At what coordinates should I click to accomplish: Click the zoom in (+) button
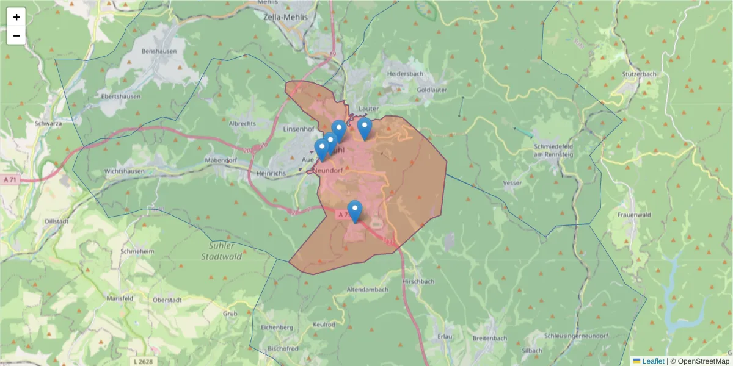[x=16, y=17]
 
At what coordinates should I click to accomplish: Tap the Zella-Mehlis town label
[x=283, y=18]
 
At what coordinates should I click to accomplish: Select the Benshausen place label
[x=158, y=52]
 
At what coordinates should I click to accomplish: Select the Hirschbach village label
[x=418, y=282]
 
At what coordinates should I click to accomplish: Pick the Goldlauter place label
[x=431, y=90]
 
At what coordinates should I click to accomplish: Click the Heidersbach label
[x=405, y=74]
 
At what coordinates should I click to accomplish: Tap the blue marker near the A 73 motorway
[x=354, y=211]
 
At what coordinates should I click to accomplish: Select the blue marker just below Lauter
[x=365, y=128]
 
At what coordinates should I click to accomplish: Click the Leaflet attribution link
[x=652, y=361]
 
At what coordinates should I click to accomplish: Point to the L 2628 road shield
[x=144, y=361]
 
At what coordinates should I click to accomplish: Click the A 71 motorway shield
[x=9, y=180]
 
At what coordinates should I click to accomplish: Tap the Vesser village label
[x=511, y=183]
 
